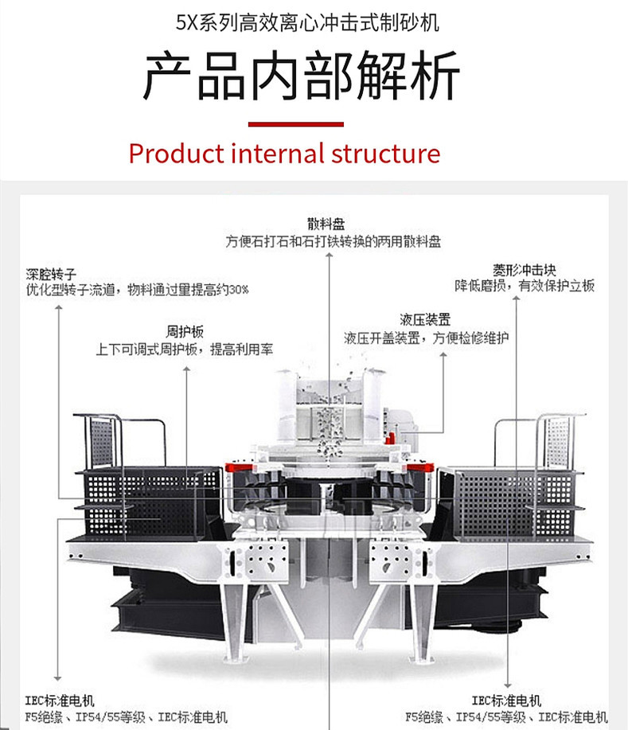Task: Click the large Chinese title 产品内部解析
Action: pos(301,76)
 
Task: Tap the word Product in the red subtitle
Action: pos(177,154)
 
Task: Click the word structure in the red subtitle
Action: pos(386,154)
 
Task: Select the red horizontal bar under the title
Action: pos(296,124)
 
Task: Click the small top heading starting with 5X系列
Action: pos(307,22)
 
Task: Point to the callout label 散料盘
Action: pos(326,224)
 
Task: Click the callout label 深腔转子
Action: pos(51,274)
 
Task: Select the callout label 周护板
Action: pos(185,331)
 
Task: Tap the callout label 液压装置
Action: pos(425,320)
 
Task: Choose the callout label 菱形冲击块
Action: pos(525,270)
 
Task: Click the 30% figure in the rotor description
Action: pos(238,290)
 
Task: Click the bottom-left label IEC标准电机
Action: pos(60,701)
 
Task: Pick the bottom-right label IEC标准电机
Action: pos(506,701)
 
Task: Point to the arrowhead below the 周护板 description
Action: pos(187,369)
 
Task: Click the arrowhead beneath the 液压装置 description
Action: pos(443,355)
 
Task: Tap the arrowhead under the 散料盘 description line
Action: pos(330,255)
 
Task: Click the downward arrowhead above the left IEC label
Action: pos(58,678)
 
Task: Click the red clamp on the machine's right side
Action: pos(420,467)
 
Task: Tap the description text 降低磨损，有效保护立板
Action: pos(525,285)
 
